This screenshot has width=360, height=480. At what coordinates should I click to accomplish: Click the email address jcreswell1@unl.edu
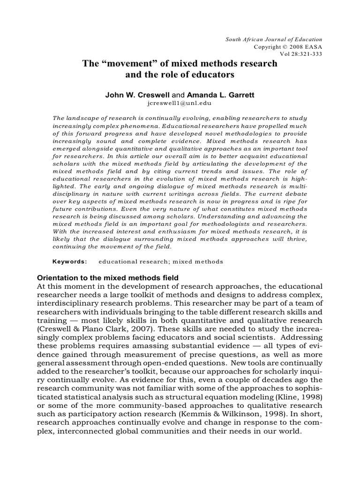click(x=180, y=103)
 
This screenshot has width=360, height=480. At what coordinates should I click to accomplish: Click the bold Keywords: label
click(x=69, y=261)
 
